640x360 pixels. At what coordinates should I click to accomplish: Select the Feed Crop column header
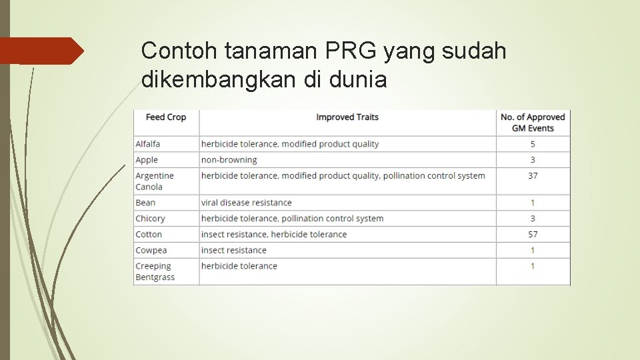click(166, 117)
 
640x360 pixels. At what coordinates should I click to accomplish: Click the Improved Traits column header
click(347, 117)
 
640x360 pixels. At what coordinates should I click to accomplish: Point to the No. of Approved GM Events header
click(533, 122)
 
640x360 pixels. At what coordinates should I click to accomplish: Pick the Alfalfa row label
click(148, 144)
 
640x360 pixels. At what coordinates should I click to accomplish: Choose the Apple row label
click(147, 160)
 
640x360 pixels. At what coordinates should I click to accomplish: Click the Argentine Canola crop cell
click(155, 181)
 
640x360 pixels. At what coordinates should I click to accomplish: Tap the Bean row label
click(145, 203)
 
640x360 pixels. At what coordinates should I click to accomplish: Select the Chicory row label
click(150, 219)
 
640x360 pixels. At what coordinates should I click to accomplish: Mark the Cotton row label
click(149, 235)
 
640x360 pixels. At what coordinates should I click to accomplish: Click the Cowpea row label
click(151, 251)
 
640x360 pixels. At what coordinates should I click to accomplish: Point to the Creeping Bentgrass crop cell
click(155, 271)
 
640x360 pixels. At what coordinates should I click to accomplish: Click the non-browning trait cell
click(229, 160)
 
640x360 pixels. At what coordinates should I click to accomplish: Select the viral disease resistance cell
click(247, 203)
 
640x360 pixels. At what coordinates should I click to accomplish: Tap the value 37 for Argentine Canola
click(533, 176)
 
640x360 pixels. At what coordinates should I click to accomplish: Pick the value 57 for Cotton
click(533, 235)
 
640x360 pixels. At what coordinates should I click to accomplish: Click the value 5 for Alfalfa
click(533, 144)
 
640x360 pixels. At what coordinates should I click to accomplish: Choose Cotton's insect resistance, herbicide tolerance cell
click(274, 235)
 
